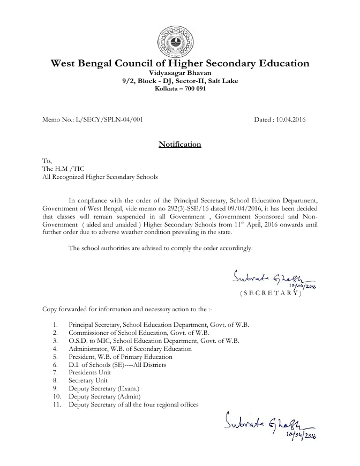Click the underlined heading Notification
(180, 145)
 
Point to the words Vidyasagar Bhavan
(180, 72)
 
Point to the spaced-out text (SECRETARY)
(271, 294)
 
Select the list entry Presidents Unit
(90, 372)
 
